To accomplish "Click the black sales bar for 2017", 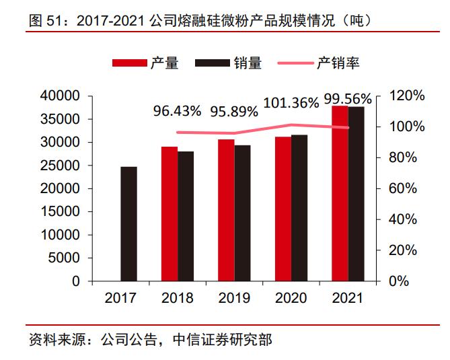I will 128,223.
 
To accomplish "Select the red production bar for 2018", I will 170,213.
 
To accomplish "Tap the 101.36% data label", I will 291,103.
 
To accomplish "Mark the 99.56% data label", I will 348,100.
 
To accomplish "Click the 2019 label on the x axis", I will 233,298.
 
